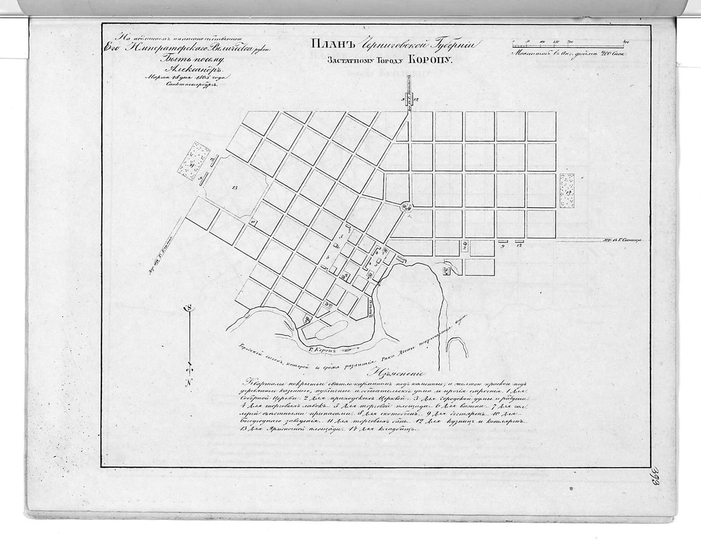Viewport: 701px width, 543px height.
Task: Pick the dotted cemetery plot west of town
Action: click(194, 161)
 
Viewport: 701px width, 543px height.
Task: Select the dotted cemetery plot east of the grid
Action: click(567, 191)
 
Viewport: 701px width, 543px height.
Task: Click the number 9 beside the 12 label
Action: click(503, 246)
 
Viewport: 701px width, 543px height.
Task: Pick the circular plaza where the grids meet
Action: click(406, 205)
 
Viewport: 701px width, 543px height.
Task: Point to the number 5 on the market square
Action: click(342, 237)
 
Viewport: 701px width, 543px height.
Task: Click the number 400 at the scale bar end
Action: click(626, 41)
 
